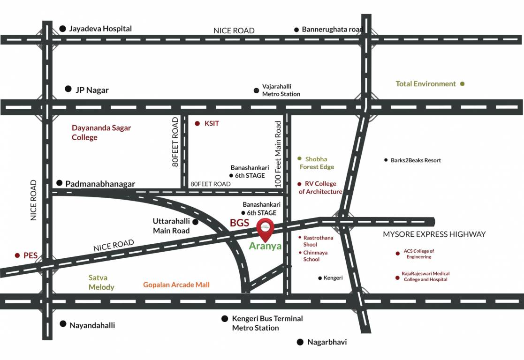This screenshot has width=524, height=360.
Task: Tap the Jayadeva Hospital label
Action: (100, 29)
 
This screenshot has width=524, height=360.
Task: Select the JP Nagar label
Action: (92, 90)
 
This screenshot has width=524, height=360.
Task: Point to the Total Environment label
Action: (425, 84)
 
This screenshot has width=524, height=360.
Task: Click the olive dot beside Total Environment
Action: (463, 84)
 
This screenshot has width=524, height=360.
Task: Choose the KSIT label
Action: (212, 124)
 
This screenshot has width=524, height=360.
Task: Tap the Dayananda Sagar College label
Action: (101, 133)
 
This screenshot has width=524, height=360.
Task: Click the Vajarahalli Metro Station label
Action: (281, 90)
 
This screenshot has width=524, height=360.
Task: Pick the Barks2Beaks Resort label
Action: (416, 160)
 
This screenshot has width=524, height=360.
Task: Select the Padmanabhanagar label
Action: (100, 184)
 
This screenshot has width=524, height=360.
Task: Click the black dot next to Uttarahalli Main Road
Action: (195, 222)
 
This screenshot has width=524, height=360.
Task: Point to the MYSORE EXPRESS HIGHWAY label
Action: (434, 234)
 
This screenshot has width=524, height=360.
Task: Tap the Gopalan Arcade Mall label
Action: (176, 285)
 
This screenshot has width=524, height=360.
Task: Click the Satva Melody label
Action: (101, 282)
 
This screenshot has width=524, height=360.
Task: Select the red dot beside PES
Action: (17, 256)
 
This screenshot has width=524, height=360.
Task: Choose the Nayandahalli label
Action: (92, 325)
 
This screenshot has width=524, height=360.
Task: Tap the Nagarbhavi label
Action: (327, 342)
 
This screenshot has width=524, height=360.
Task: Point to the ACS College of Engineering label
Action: (419, 254)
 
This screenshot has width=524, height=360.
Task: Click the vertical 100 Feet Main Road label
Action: (278, 154)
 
